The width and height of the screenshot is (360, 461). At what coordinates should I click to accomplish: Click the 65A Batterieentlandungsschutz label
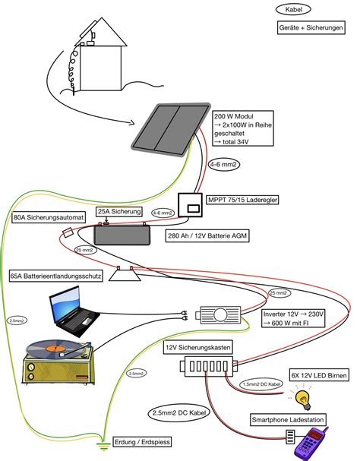point(56,275)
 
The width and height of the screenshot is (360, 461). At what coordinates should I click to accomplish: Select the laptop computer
point(72,313)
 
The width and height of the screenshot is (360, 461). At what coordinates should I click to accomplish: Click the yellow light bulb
point(305,397)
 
